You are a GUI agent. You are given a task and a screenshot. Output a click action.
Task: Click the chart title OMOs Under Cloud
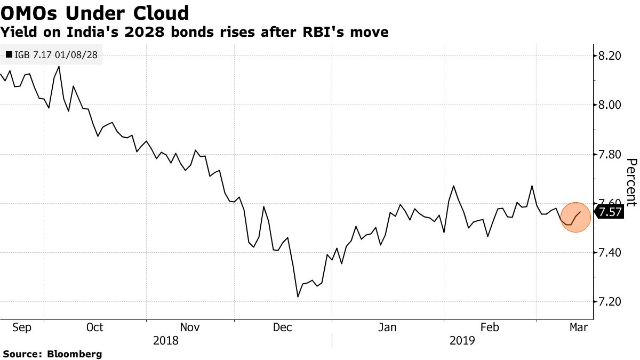tap(94, 13)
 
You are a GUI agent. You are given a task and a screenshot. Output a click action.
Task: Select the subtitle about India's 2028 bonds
tap(195, 33)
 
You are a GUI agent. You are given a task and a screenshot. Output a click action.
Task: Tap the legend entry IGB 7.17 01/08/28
tap(51, 54)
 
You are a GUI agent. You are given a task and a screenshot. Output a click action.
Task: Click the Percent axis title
tap(631, 182)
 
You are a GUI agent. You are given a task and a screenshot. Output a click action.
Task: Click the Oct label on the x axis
tap(94, 327)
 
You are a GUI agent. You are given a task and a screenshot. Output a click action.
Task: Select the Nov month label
tap(190, 327)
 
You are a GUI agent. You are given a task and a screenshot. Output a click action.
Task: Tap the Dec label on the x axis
tap(283, 327)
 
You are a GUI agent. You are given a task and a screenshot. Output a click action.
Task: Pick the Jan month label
tap(387, 327)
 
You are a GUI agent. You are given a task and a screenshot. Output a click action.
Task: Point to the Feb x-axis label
tap(490, 327)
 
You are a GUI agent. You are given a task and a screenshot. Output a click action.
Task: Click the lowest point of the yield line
tap(298, 297)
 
